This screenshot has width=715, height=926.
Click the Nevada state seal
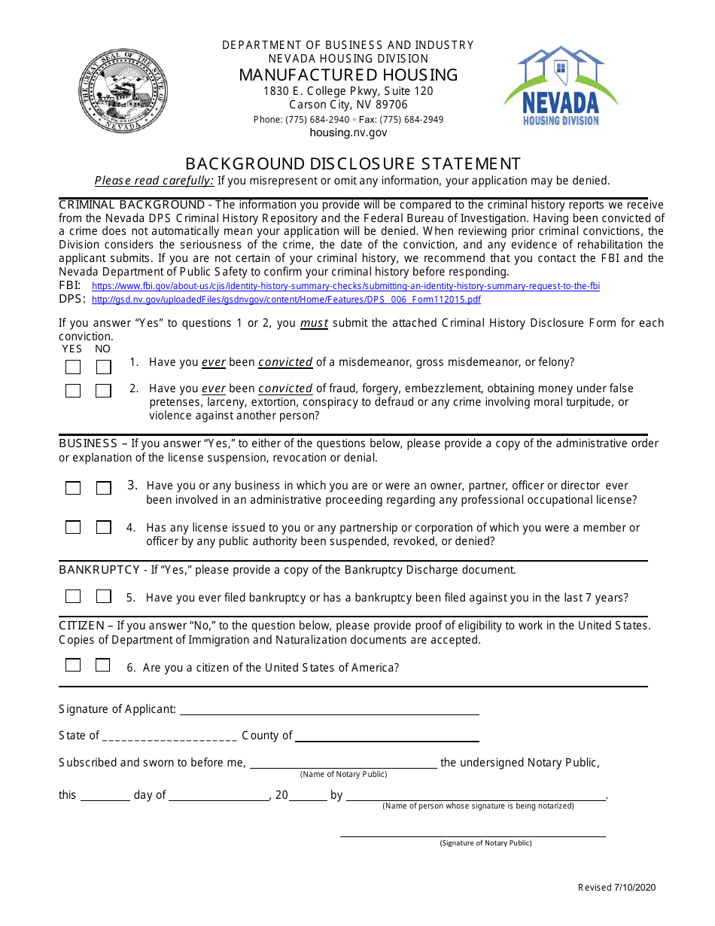(123, 90)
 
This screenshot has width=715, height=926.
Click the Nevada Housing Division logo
(561, 86)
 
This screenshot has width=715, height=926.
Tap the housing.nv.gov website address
(348, 133)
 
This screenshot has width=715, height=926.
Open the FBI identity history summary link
(345, 287)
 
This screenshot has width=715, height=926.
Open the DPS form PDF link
(286, 300)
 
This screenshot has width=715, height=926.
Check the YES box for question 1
(73, 367)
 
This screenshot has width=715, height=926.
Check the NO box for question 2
(103, 391)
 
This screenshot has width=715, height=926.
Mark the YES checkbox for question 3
(73, 488)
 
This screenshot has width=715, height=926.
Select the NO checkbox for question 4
(103, 528)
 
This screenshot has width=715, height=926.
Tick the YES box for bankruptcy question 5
(73, 596)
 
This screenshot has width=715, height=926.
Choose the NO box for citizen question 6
(103, 665)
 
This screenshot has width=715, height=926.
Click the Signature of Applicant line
(329, 710)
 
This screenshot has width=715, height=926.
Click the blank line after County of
(387, 736)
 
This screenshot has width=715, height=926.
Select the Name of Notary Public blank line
(343, 763)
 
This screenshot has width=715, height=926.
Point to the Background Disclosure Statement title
(353, 163)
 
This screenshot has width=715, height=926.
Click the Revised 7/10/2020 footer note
(616, 888)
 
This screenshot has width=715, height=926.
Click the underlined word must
(314, 323)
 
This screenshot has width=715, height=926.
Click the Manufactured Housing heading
(348, 75)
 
